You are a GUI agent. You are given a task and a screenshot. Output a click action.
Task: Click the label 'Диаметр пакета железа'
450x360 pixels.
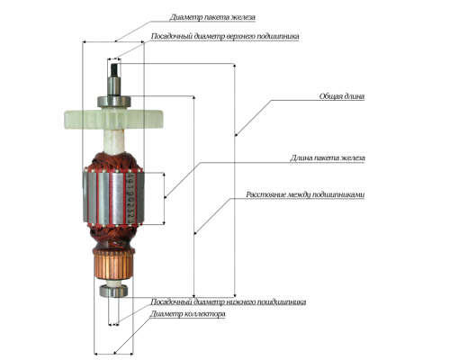(212, 17)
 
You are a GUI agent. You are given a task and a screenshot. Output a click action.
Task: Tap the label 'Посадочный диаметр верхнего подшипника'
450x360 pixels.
(225, 36)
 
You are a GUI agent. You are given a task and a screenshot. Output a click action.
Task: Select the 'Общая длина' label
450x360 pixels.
(342, 96)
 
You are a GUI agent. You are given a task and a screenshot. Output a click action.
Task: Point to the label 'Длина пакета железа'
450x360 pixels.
(328, 157)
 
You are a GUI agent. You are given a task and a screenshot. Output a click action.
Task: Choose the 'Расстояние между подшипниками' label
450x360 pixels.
(305, 194)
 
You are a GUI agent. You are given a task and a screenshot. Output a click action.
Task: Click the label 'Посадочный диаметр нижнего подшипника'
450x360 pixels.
(229, 301)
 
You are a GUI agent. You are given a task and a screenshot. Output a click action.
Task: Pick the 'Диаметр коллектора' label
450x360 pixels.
(187, 314)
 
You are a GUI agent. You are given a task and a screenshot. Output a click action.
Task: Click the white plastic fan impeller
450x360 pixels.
(113, 119)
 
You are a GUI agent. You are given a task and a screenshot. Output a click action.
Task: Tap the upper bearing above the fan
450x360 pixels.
(114, 102)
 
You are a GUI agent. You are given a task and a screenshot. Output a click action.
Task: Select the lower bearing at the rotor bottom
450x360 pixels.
(113, 291)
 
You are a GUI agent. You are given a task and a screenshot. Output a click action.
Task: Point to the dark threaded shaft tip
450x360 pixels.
(114, 70)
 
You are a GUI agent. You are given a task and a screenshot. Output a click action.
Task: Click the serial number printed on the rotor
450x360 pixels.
(130, 198)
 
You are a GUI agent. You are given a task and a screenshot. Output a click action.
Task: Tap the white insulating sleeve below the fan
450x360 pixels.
(113, 141)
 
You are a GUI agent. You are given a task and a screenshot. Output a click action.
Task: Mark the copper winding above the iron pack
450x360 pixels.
(113, 162)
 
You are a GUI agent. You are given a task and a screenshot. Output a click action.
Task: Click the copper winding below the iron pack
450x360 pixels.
(113, 237)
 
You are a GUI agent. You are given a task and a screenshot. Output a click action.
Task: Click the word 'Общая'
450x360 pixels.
(330, 96)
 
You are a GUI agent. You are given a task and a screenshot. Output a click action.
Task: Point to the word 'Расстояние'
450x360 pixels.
(265, 194)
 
